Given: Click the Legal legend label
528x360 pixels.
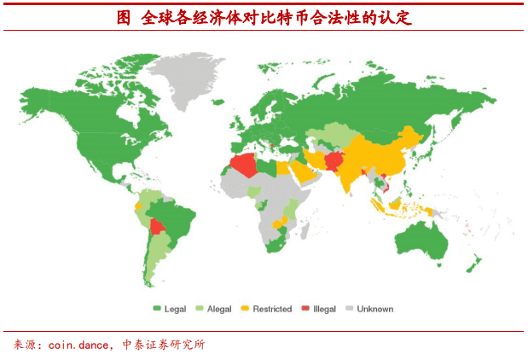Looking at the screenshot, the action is (175, 309).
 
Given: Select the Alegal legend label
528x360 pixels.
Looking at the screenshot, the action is (220, 309).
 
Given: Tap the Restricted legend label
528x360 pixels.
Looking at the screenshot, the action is (272, 309).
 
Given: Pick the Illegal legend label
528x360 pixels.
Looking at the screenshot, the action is (325, 309).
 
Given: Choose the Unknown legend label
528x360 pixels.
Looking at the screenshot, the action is (375, 309).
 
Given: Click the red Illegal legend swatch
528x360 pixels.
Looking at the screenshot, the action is (305, 309).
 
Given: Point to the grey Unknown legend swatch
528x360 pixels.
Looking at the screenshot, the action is (350, 309).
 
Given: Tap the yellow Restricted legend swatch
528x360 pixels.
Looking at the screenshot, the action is (246, 309).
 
